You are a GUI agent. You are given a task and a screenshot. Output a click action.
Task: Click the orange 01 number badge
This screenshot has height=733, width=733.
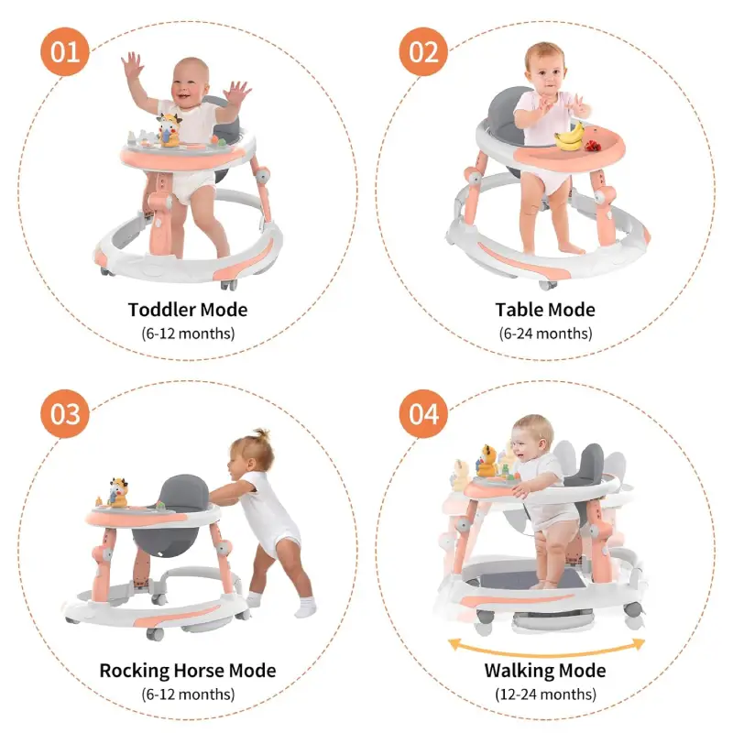(64, 51)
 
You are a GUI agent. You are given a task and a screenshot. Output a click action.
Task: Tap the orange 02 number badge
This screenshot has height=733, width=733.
(423, 51)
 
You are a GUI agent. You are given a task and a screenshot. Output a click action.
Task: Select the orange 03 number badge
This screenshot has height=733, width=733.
(64, 414)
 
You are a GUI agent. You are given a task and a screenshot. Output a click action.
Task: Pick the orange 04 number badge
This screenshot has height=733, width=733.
(423, 414)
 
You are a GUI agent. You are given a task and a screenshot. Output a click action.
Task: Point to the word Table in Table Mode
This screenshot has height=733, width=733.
(518, 310)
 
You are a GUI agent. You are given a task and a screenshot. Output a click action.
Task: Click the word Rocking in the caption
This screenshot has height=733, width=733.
(135, 671)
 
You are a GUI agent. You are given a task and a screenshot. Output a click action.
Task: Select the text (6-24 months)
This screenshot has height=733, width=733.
(545, 334)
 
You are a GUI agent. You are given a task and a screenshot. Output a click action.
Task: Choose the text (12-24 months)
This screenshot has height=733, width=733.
(545, 695)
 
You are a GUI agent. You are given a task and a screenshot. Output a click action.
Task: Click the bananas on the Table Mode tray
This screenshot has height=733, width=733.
(569, 137)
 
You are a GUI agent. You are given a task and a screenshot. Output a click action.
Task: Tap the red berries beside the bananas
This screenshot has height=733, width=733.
(593, 146)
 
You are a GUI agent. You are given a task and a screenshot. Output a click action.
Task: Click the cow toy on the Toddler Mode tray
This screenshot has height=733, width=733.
(169, 130)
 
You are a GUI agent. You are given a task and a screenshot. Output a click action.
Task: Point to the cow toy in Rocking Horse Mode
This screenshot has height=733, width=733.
(117, 493)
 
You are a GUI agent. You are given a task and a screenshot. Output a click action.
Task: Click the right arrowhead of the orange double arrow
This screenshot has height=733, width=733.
(639, 645)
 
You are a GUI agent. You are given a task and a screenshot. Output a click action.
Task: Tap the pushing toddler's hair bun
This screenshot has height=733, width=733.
(261, 434)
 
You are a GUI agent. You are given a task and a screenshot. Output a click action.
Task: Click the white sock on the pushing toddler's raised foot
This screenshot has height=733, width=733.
(305, 607)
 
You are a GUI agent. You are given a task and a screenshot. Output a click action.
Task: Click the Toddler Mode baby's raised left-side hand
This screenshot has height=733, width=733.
(132, 64)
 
